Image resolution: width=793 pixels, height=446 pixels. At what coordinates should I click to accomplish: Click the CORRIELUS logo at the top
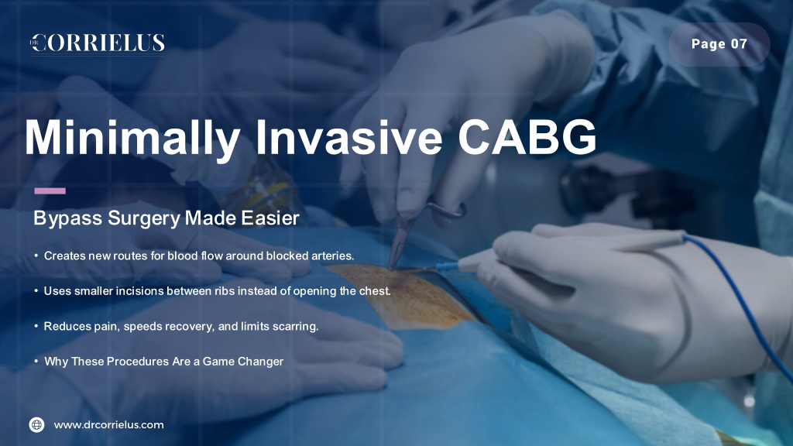98,43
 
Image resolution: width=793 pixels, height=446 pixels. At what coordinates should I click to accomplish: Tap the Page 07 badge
719,44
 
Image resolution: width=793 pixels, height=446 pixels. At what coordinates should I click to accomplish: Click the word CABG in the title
527,138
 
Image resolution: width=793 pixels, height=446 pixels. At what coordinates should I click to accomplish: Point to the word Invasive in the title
349,138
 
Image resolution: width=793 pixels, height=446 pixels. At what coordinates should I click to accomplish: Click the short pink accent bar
50,190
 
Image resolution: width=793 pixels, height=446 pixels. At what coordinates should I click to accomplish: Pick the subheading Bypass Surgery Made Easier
166,218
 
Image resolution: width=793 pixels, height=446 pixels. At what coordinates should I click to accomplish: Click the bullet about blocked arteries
199,256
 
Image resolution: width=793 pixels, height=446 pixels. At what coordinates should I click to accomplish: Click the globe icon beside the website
37,425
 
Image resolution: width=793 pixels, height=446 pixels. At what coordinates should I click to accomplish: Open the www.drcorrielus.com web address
108,425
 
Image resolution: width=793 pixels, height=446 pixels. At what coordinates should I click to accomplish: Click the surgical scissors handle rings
445,209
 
